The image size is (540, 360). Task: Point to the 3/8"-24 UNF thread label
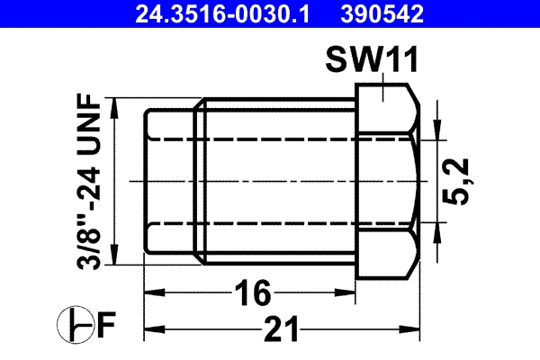pyautogui.click(x=90, y=181)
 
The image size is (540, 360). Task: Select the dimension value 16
pyautogui.click(x=253, y=292)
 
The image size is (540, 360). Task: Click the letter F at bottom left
pyautogui.click(x=105, y=322)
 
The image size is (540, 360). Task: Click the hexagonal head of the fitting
pyautogui.click(x=387, y=181)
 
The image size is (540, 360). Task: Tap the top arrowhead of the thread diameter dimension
pyautogui.click(x=115, y=104)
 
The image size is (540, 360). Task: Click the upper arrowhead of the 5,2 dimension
pyautogui.click(x=437, y=130)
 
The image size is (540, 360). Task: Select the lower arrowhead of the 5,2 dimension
pyautogui.click(x=437, y=229)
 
